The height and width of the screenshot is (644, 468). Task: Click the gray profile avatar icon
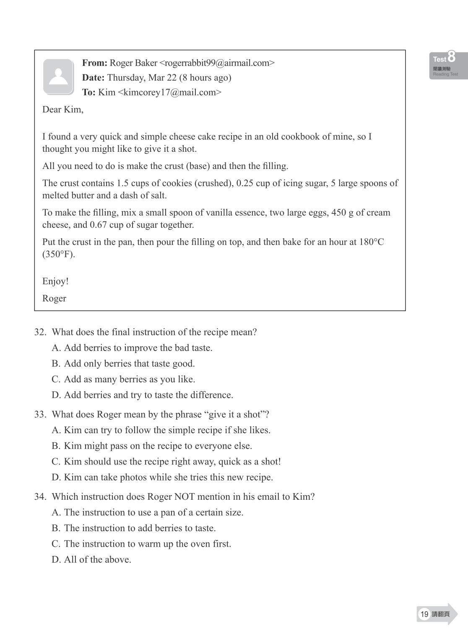coord(58,76)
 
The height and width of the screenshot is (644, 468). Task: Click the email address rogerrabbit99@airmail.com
coord(217,63)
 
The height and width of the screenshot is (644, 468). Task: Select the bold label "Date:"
coord(93,78)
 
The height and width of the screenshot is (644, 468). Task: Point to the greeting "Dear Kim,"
coord(62,109)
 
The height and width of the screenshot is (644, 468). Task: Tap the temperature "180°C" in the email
coord(372,242)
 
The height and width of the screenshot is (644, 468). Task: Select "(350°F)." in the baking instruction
coord(58,254)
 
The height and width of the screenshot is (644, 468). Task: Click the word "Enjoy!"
coord(55,281)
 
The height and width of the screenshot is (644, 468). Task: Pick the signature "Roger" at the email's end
coord(54,299)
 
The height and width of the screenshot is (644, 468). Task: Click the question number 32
coord(40,332)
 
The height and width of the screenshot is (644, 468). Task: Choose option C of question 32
coord(123,379)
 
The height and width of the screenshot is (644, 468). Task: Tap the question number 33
coord(40,414)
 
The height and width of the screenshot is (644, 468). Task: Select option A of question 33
coord(161,430)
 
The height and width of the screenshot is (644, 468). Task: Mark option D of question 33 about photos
coord(162,477)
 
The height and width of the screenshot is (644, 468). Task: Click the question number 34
coord(40,497)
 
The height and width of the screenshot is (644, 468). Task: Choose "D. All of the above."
coord(91,560)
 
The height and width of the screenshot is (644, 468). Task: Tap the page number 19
coord(424,614)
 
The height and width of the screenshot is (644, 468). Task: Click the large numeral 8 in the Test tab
coord(451,57)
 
